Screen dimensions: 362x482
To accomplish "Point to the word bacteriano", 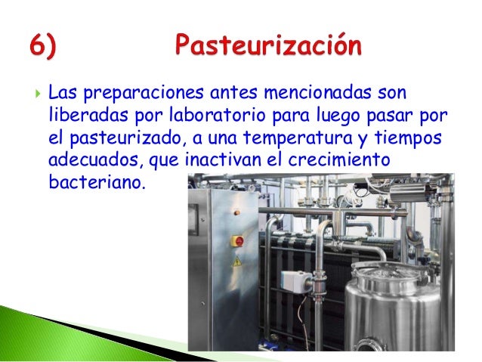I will pos(93,184).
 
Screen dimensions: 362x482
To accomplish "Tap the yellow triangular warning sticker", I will pos(236,261).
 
